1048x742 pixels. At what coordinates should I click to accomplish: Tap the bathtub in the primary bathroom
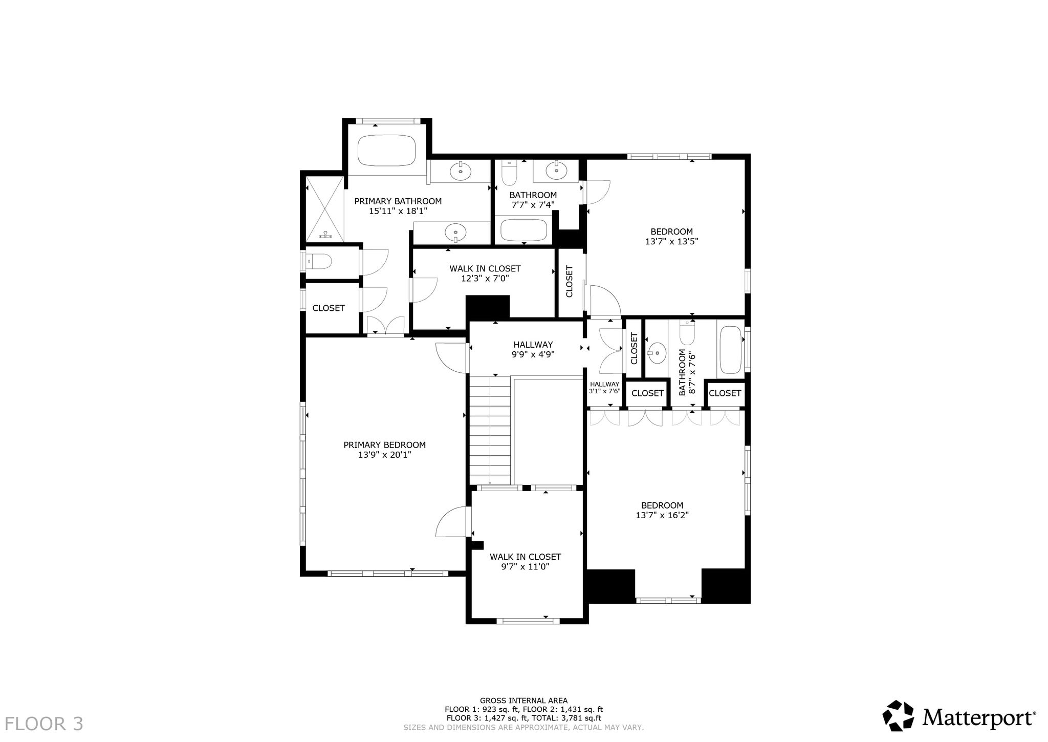[386, 150]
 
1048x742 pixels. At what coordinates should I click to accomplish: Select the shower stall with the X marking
[325, 209]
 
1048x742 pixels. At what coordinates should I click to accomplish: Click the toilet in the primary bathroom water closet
[319, 262]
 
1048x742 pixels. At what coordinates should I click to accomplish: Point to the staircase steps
[490, 430]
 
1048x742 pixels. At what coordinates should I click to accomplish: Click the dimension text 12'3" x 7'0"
[485, 279]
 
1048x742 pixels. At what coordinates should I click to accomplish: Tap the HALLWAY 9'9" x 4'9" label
[533, 349]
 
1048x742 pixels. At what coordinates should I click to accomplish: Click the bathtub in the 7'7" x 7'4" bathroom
[524, 230]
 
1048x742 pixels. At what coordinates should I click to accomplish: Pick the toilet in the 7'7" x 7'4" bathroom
[510, 173]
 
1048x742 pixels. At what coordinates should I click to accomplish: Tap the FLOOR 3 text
[44, 724]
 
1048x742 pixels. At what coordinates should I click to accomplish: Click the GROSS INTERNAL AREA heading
[523, 701]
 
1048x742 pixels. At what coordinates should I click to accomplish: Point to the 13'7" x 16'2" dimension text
[662, 515]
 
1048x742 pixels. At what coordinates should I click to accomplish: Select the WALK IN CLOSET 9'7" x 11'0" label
[526, 561]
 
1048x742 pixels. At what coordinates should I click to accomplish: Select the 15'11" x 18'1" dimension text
[398, 210]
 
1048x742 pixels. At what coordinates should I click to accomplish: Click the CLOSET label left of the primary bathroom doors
[329, 308]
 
